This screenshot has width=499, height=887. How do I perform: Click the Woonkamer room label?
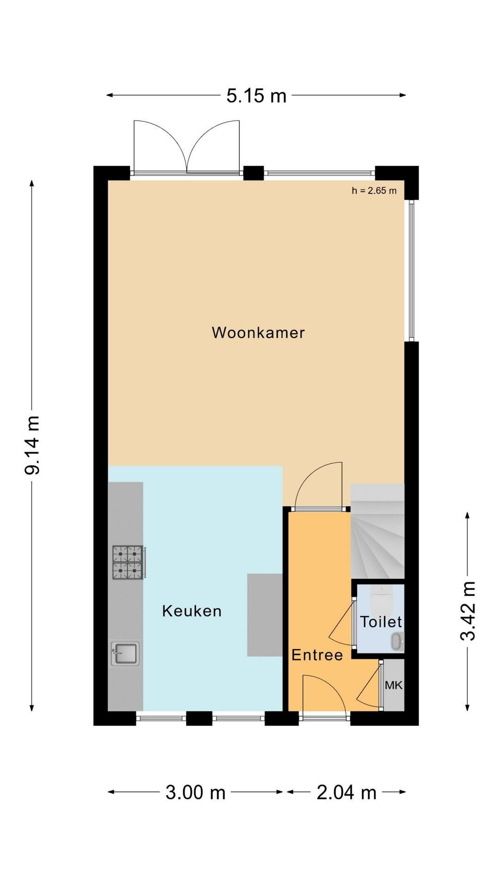click(258, 333)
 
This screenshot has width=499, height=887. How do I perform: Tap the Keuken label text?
click(192, 611)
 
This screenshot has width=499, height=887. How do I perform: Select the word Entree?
click(317, 655)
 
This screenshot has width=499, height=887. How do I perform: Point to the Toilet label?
click(381, 622)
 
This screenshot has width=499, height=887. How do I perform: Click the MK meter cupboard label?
click(394, 686)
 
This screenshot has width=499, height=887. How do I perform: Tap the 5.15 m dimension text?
click(256, 96)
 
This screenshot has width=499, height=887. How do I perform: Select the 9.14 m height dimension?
click(33, 445)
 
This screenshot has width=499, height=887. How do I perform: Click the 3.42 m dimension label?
click(468, 611)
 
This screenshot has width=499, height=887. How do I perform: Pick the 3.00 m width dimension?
click(195, 793)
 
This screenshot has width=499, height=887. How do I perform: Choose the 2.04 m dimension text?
click(347, 793)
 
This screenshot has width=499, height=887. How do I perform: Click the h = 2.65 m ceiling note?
click(374, 190)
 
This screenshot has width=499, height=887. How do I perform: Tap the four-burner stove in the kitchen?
click(128, 562)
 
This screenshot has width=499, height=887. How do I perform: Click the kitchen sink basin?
click(125, 654)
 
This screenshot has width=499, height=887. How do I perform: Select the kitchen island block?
click(265, 615)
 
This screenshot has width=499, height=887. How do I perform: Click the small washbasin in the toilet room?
click(397, 642)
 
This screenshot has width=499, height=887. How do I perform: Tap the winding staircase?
click(377, 531)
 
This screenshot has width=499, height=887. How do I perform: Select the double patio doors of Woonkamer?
click(187, 147)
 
